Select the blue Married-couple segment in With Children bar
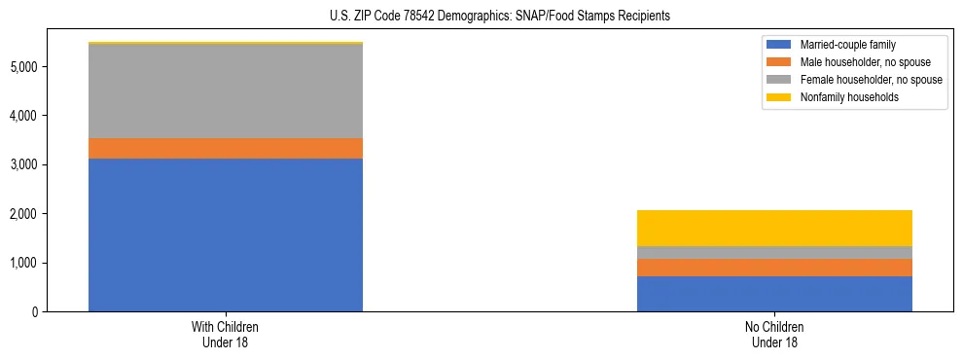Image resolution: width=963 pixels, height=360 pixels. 226,234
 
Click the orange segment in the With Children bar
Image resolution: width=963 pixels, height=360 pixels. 226,148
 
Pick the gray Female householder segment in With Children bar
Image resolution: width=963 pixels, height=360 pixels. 226,91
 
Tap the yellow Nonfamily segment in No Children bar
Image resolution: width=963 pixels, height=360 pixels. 774,228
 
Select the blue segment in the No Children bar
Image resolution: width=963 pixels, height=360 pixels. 774,294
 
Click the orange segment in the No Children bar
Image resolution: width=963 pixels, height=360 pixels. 774,268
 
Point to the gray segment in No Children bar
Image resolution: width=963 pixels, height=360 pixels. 774,252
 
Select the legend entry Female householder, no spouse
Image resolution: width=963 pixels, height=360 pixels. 871,80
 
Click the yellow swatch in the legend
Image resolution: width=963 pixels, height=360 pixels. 779,97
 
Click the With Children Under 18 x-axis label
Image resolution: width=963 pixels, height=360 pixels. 226,334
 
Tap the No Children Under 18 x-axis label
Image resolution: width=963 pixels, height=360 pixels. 774,334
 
